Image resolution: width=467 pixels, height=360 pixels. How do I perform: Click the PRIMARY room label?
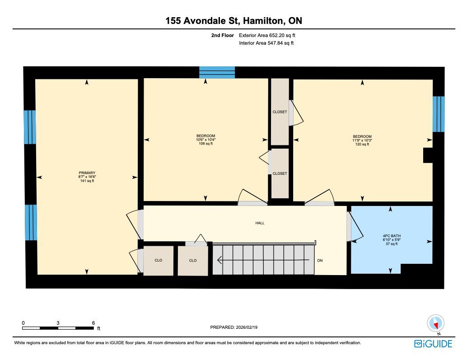coord(87,173)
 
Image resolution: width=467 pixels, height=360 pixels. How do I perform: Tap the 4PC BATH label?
coord(392,236)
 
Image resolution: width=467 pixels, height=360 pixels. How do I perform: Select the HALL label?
coord(260,223)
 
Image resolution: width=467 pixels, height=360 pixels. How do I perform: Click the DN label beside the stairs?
coord(320,261)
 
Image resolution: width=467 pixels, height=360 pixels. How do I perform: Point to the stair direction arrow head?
coord(220,260)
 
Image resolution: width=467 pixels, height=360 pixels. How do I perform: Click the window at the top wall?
coord(217,72)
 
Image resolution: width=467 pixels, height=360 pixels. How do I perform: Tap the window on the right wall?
coord(439,114)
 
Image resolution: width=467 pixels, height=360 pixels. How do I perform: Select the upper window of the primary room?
coord(30,127)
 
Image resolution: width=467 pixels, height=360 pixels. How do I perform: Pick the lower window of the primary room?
coord(31,222)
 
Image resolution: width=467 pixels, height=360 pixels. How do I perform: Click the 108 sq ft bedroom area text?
coord(205,144)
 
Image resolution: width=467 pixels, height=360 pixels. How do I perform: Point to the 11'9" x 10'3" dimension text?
coord(362,140)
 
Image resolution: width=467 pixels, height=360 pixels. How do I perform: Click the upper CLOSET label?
coord(280,112)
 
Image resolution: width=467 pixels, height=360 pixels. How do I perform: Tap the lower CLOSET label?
coord(280,173)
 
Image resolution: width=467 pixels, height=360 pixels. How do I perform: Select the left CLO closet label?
coord(158,260)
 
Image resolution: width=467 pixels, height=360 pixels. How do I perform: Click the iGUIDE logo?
coord(433,344)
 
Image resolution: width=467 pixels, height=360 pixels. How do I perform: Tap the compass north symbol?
coord(436,323)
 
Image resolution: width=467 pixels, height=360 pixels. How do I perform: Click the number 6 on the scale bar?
coord(93,323)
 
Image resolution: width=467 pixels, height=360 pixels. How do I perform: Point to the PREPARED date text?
coord(234,327)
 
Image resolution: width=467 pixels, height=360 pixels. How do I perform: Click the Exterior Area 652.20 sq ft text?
coord(267,35)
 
